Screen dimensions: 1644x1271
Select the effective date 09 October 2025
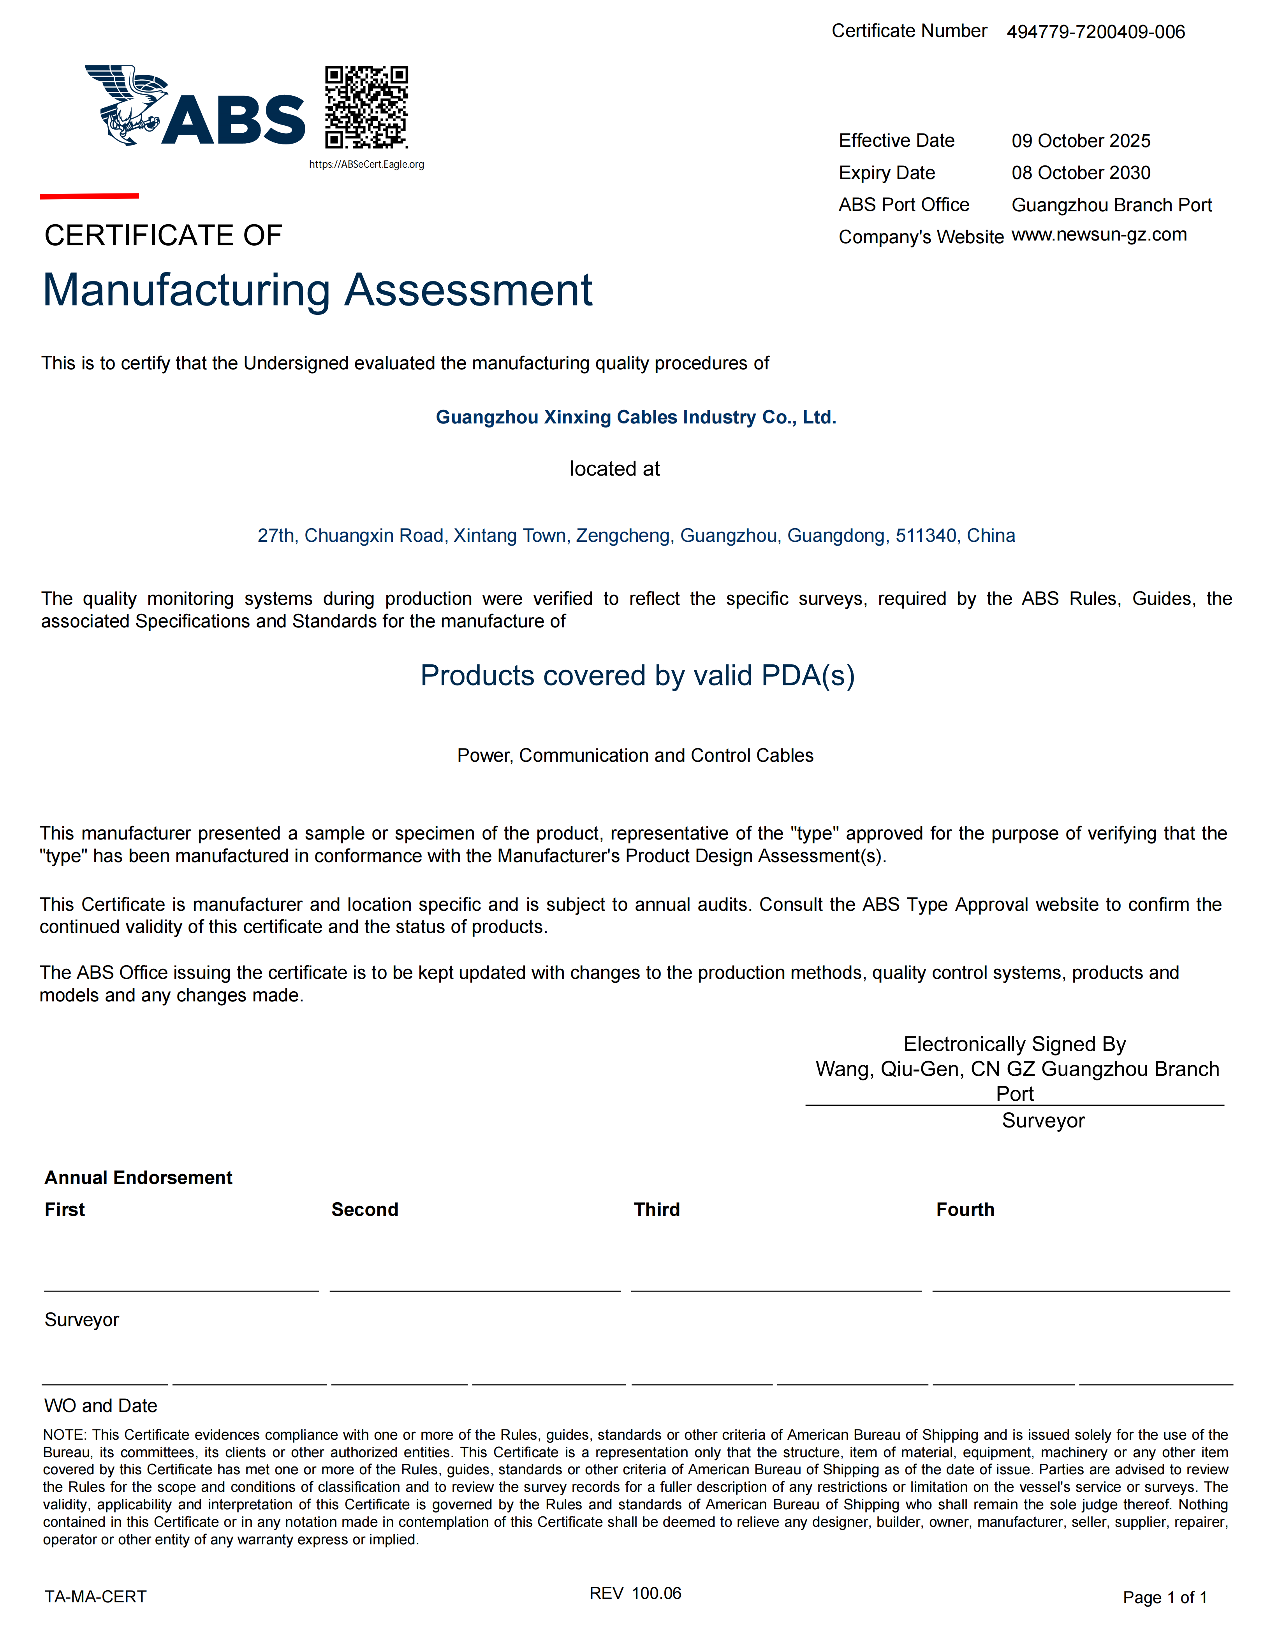(1081, 141)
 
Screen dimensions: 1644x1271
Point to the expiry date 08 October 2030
(1081, 173)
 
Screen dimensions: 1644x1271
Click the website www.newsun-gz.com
(1098, 235)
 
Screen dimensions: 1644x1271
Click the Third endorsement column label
(657, 1210)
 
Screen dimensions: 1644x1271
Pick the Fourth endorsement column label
(965, 1210)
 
